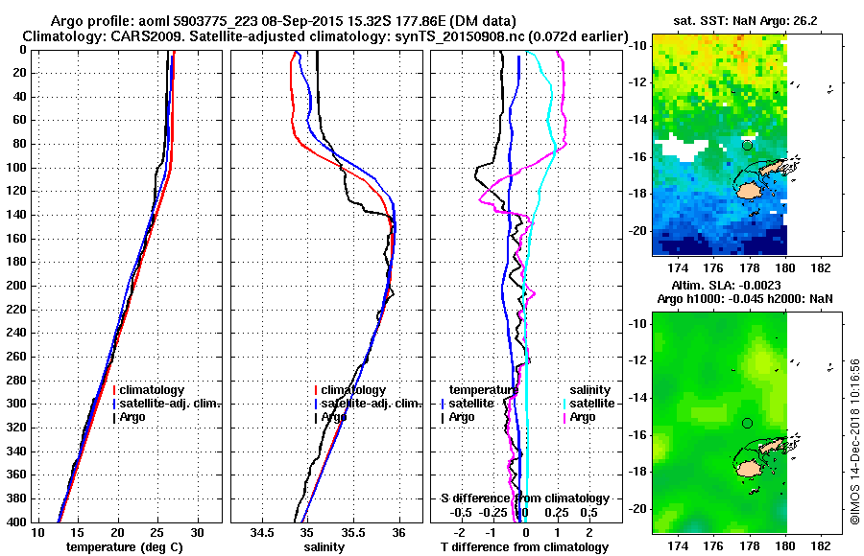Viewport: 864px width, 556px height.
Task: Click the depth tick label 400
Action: [18, 521]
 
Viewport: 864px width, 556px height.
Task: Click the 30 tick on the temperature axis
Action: [198, 532]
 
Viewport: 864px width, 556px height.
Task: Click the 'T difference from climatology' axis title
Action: [524, 546]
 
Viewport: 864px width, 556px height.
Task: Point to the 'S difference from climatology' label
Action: [524, 498]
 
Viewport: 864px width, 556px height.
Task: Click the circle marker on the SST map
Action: [747, 145]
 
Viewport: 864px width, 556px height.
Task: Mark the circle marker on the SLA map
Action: [747, 423]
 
